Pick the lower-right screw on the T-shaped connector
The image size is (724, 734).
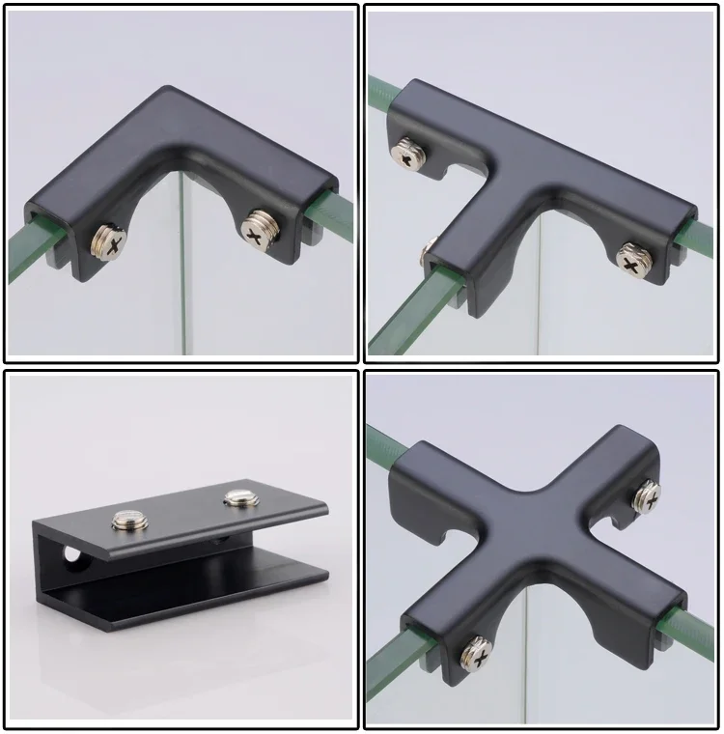pyautogui.click(x=633, y=259)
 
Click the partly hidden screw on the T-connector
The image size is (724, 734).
pyautogui.click(x=426, y=253)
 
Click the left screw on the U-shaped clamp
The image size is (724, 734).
pyautogui.click(x=128, y=522)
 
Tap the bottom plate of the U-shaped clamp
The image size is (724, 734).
pyautogui.click(x=193, y=599)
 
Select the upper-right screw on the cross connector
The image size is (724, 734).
pyautogui.click(x=646, y=496)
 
